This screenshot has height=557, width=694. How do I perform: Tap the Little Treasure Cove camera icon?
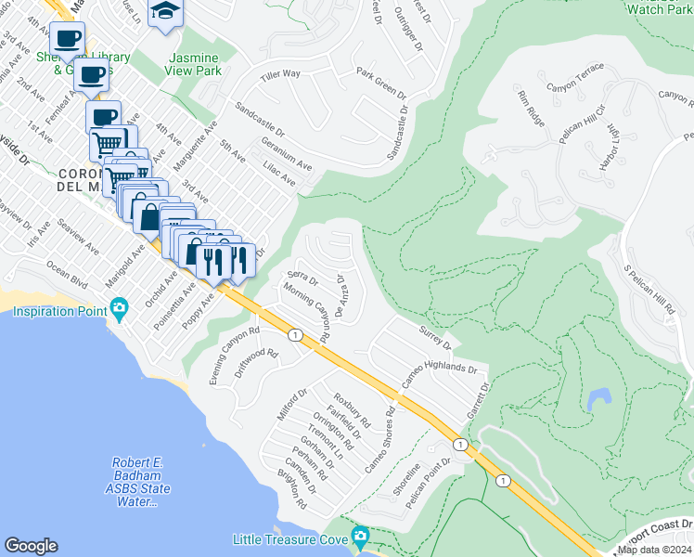(x=361, y=537)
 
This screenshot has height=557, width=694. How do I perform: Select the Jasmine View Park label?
(x=195, y=63)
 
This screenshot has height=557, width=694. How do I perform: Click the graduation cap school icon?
(x=166, y=12)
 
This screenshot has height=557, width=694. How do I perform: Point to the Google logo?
(x=31, y=546)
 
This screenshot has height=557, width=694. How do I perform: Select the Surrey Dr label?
(x=433, y=338)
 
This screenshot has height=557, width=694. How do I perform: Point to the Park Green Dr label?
(x=381, y=83)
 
